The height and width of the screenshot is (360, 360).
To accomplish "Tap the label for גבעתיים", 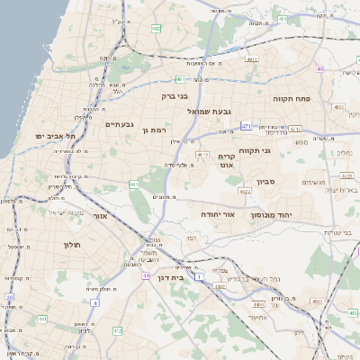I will click(x=120, y=124).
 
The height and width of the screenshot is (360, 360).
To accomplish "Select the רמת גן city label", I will click(x=157, y=130).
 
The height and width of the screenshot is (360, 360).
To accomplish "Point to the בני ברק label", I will click(x=174, y=94).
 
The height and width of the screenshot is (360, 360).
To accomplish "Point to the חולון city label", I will click(x=72, y=245).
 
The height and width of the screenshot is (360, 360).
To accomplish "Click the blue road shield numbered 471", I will click(x=246, y=127).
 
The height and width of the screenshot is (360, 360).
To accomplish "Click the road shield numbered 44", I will click(x=146, y=276).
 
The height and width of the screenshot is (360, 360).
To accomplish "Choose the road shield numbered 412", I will click(x=117, y=330).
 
